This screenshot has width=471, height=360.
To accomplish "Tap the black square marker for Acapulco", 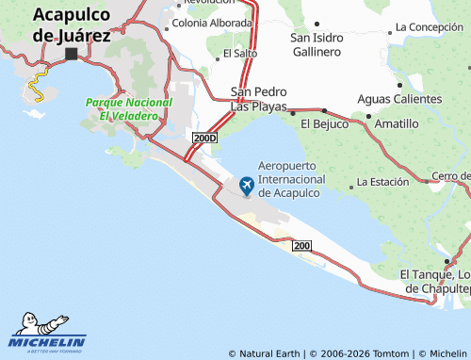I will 71,55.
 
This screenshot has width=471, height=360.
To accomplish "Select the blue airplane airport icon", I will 248,185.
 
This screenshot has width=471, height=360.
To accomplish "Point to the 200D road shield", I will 204,138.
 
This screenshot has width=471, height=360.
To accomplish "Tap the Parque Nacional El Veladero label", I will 129,108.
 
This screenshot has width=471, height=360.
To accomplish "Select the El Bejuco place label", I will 323,123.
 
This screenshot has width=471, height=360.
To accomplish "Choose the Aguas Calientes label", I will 399,99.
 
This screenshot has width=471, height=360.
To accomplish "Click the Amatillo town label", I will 397,123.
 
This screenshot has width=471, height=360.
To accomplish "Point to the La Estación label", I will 382,181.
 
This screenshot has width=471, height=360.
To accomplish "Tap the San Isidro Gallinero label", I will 329,44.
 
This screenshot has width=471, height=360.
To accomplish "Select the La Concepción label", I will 430,26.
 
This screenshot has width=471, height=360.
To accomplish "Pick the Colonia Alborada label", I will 213,23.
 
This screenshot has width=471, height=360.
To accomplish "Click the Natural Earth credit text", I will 269,353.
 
